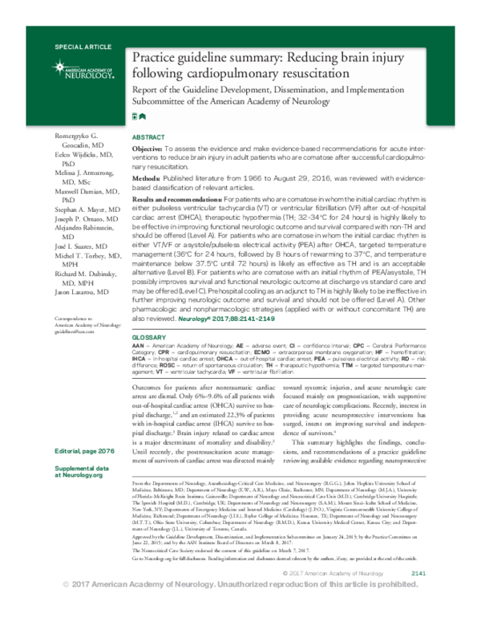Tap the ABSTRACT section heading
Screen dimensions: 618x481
tap(148, 138)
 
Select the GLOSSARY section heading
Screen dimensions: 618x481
tap(148, 339)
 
